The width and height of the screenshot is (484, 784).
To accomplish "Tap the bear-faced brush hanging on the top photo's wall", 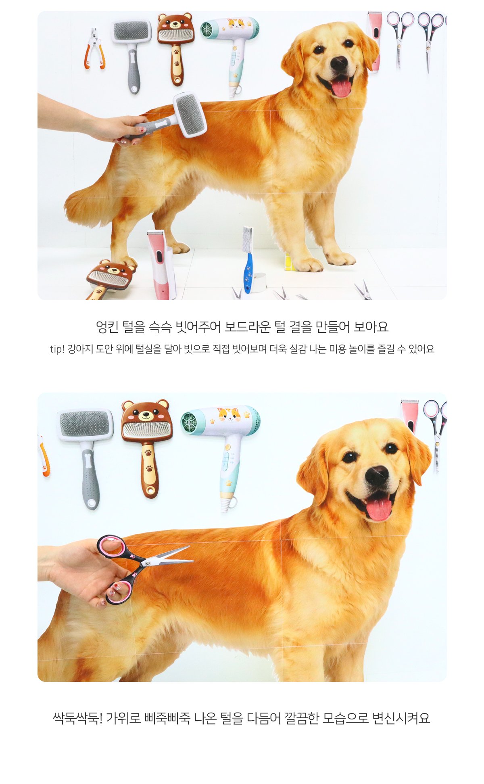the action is click(x=175, y=48).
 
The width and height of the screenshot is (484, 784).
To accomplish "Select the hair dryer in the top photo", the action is click(x=232, y=52).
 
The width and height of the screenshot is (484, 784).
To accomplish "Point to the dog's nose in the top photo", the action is click(x=339, y=63).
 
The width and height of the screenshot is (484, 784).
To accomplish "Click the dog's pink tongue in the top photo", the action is click(x=341, y=88).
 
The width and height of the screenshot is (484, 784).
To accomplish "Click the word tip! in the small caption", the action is click(x=57, y=349).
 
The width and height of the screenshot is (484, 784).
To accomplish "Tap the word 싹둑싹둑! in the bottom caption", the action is click(x=78, y=718).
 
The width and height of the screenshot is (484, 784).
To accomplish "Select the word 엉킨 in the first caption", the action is click(x=107, y=327).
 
